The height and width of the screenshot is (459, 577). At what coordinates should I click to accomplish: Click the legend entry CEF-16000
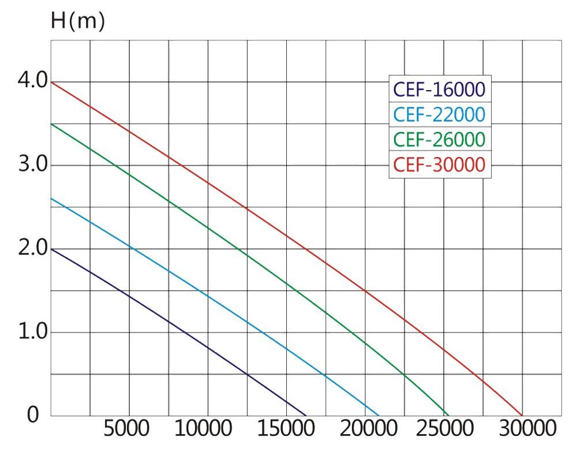[439, 89]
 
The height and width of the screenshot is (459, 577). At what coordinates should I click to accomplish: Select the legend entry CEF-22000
[439, 114]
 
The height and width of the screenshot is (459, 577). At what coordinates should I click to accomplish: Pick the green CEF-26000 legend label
[439, 140]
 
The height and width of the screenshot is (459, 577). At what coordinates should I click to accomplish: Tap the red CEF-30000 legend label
[439, 165]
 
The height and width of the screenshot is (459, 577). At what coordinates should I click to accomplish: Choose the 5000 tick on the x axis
[126, 430]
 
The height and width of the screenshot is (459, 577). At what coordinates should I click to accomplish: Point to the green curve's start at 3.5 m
[51, 124]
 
